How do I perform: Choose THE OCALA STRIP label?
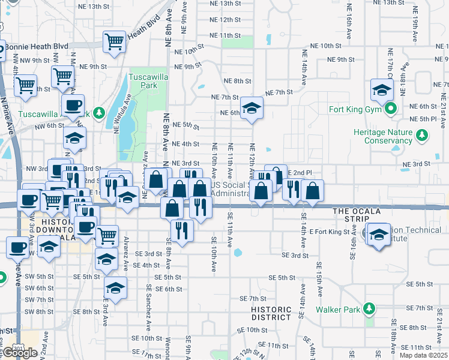[357, 211]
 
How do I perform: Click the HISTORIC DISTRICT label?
[271, 313]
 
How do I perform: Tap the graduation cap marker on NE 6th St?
[252, 108]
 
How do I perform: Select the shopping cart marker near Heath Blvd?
[113, 42]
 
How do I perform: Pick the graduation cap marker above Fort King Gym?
[381, 90]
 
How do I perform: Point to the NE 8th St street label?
[237, 81]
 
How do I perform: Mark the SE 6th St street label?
[168, 289]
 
